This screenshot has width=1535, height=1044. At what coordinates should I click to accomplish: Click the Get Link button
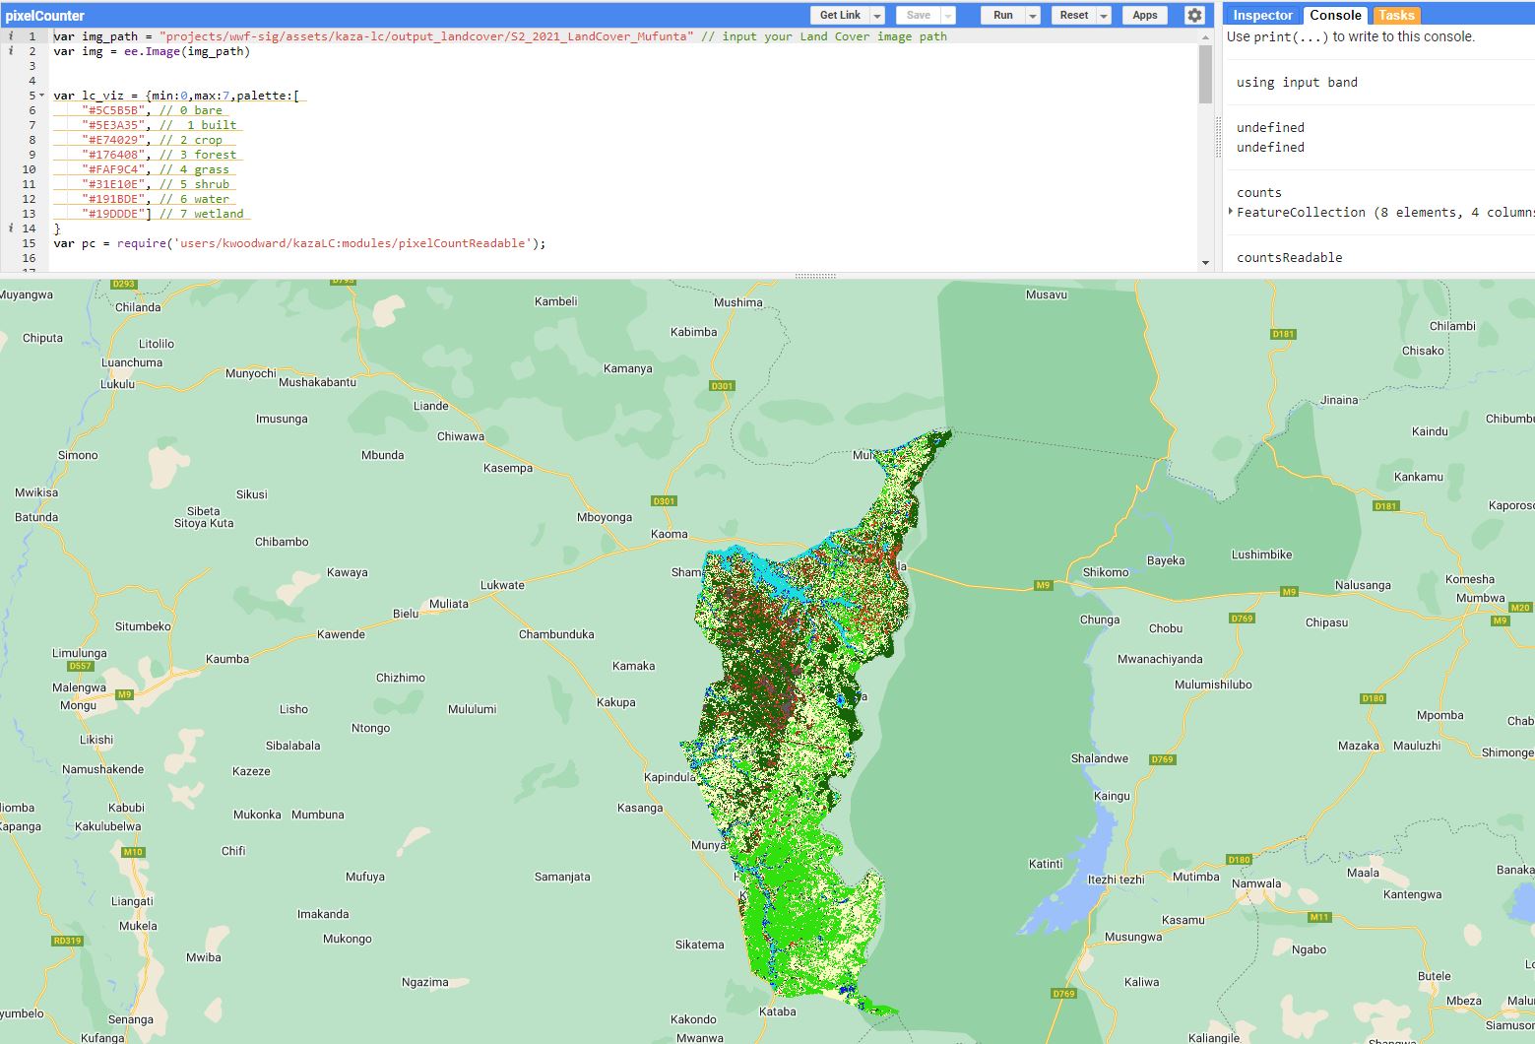pyautogui.click(x=840, y=16)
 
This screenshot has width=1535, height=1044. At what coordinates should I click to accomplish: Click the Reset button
pyautogui.click(x=1073, y=16)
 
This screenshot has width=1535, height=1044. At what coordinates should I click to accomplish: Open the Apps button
pyautogui.click(x=1144, y=16)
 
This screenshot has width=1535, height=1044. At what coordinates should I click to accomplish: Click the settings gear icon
pyautogui.click(x=1194, y=16)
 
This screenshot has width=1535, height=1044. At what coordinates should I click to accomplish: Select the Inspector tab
pyautogui.click(x=1262, y=16)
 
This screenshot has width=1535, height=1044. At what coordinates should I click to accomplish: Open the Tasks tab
pyautogui.click(x=1395, y=16)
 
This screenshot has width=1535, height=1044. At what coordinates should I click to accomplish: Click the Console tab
pyautogui.click(x=1335, y=16)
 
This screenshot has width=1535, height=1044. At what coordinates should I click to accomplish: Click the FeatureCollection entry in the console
pyautogui.click(x=1300, y=213)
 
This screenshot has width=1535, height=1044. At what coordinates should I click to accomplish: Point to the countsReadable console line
pyautogui.click(x=1289, y=258)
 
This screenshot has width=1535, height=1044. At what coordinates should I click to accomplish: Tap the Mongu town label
pyautogui.click(x=79, y=705)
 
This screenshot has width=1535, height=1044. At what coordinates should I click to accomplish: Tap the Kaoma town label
pyautogui.click(x=670, y=534)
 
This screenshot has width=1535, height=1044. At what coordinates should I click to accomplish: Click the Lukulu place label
pyautogui.click(x=117, y=383)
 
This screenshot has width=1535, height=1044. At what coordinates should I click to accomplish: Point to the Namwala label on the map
pyautogui.click(x=1256, y=883)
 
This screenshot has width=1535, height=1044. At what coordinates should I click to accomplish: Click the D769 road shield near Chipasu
pyautogui.click(x=1242, y=619)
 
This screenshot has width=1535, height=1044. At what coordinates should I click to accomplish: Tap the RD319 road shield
pyautogui.click(x=68, y=941)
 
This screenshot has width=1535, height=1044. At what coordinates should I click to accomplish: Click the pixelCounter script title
pyautogui.click(x=45, y=16)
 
